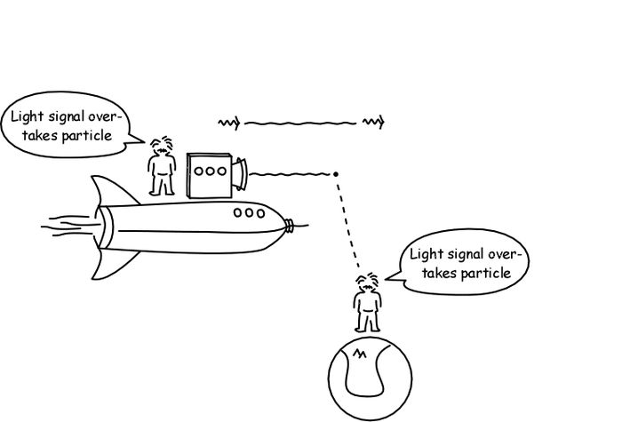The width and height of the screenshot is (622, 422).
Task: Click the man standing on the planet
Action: pos(367,303)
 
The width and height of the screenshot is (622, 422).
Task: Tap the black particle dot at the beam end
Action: pos(336,173)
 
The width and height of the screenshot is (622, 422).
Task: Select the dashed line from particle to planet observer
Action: pos(348,221)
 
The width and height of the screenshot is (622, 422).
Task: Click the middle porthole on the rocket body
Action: pos(249,212)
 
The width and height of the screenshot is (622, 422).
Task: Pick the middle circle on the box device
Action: pos(211,170)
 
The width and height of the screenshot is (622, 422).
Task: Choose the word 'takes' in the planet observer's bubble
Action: pos(440,273)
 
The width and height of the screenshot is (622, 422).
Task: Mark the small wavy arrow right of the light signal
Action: pos(373,122)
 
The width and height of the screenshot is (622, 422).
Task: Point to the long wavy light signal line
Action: pos(299,122)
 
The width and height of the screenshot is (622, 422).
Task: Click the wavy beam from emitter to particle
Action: pos(290,173)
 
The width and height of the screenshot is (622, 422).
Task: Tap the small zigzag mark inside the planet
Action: pos(360,356)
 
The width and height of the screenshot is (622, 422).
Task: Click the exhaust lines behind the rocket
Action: pos(67,225)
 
